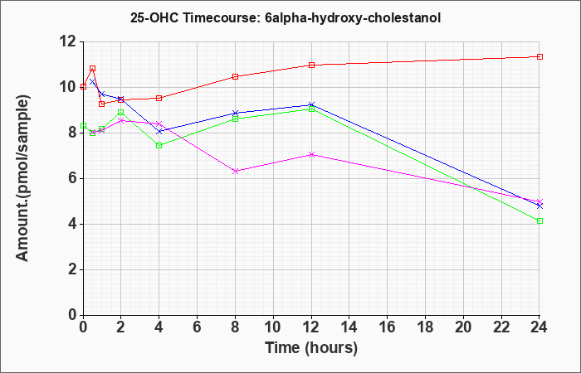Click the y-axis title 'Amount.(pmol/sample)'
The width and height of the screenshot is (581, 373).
[x=24, y=178]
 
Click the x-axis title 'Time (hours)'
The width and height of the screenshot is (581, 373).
[x=311, y=348]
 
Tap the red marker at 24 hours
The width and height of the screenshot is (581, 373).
[x=539, y=56]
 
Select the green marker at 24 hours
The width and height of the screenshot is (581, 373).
[x=539, y=221]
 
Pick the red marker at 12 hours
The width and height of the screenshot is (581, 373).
[x=311, y=65]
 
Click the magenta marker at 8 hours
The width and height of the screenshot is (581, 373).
[x=236, y=171]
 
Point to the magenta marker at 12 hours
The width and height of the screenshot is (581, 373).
[x=311, y=154]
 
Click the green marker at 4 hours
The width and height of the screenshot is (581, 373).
[x=159, y=145]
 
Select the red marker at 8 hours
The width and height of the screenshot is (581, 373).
[x=236, y=76]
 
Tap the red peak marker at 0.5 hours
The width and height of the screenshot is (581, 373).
[x=92, y=69]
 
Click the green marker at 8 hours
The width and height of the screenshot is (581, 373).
[x=236, y=119]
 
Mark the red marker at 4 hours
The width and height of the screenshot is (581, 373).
[x=159, y=98]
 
